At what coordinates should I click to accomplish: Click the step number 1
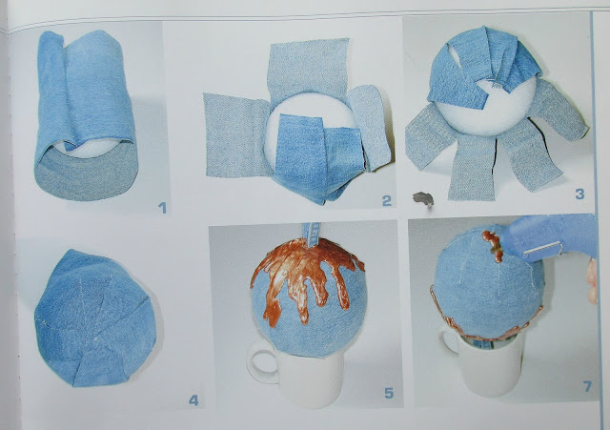click(162, 208)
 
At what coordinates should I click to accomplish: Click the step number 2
click(386, 201)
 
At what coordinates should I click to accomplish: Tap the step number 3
click(579, 194)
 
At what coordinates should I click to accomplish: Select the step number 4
click(193, 400)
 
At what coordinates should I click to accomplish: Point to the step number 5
click(389, 393)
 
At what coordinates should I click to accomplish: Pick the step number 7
click(587, 386)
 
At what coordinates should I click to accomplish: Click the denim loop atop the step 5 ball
click(312, 235)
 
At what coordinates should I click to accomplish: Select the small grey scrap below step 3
click(423, 199)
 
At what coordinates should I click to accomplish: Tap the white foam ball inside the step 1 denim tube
click(89, 149)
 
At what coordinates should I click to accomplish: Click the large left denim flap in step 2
click(235, 134)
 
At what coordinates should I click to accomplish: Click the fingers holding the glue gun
click(592, 281)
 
